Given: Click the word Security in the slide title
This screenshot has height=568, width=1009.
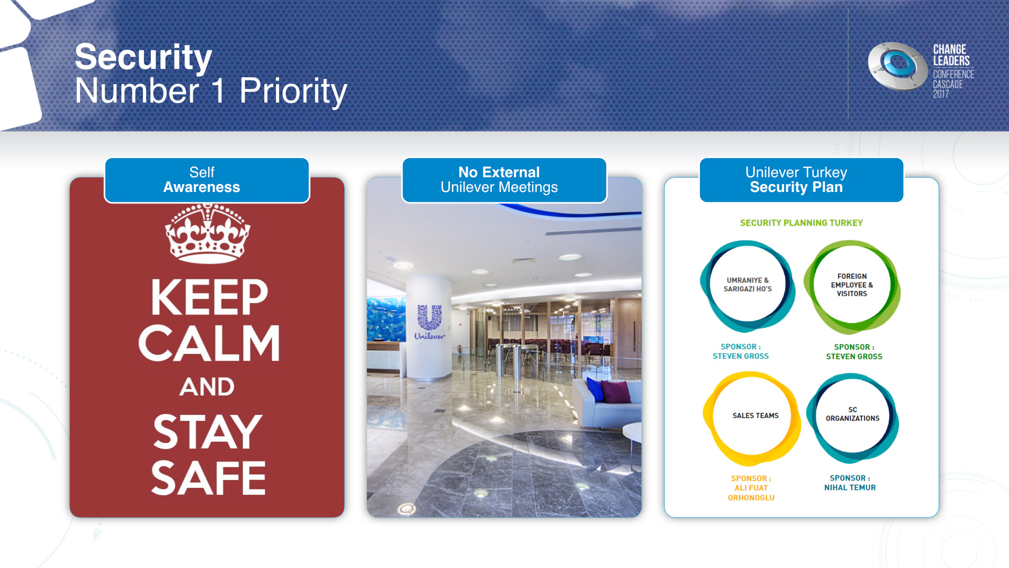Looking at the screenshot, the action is click(x=143, y=57).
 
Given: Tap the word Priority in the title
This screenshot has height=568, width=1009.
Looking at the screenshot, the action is click(x=293, y=91).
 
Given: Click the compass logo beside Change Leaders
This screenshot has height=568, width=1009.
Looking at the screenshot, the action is click(x=897, y=67).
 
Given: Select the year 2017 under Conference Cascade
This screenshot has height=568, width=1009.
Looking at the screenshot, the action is click(x=941, y=94).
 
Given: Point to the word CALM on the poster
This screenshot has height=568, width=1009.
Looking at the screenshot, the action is click(x=209, y=343).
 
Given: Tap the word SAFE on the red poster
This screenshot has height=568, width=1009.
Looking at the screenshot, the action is click(x=208, y=478).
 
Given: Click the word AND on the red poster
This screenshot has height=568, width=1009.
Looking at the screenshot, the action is click(x=207, y=387).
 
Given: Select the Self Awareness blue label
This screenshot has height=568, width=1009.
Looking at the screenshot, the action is click(x=207, y=180).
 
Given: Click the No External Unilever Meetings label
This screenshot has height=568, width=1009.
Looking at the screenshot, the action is click(x=504, y=180).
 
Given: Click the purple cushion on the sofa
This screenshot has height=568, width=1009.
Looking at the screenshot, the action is click(x=616, y=392).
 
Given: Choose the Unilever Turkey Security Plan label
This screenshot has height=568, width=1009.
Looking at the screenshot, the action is click(x=801, y=180).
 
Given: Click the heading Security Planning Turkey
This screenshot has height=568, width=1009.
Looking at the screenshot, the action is click(x=801, y=223).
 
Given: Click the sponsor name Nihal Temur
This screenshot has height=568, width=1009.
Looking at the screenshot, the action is click(x=850, y=488).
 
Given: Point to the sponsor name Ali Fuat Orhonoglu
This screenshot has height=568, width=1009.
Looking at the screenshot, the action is click(x=751, y=493).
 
